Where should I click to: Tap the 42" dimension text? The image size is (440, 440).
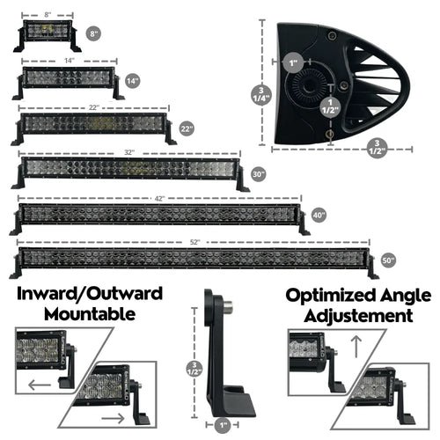pyautogui.click(x=158, y=199)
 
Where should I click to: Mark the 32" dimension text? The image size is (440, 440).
pyautogui.click(x=128, y=152)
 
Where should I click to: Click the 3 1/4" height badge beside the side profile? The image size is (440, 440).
pyautogui.click(x=261, y=96)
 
